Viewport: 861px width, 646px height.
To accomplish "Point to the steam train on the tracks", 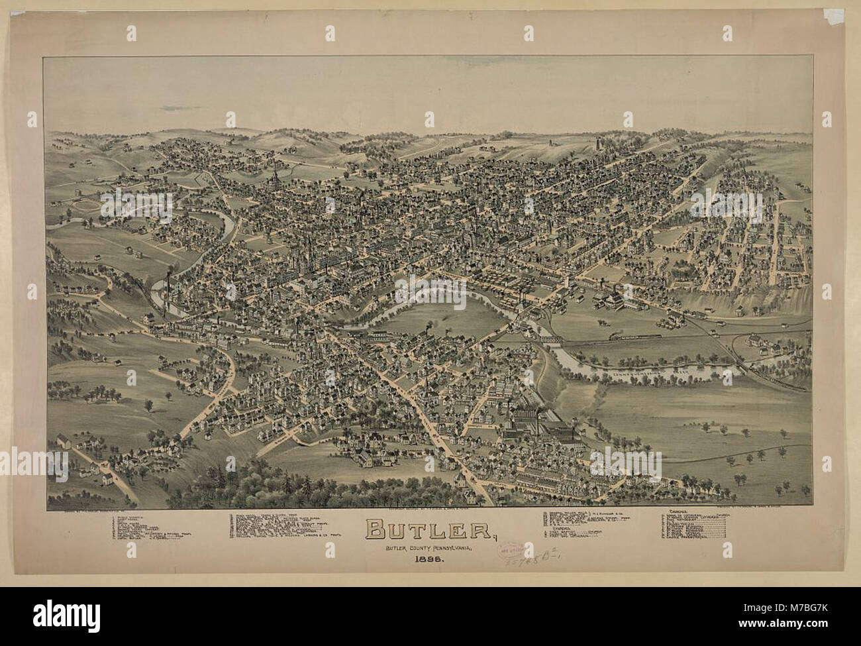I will pos(636,337).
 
